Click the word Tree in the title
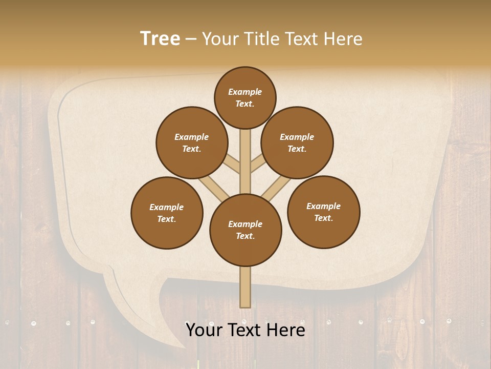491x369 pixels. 160,39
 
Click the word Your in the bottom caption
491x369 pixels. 204,330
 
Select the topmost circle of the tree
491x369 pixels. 245,97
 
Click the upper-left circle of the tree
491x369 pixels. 192,143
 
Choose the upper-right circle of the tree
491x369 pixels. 297,143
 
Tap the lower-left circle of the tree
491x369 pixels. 167,213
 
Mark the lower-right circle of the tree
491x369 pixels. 324,212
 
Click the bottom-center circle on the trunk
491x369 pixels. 245,230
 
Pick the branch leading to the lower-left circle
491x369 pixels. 214,188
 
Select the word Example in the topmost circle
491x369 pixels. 245,92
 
